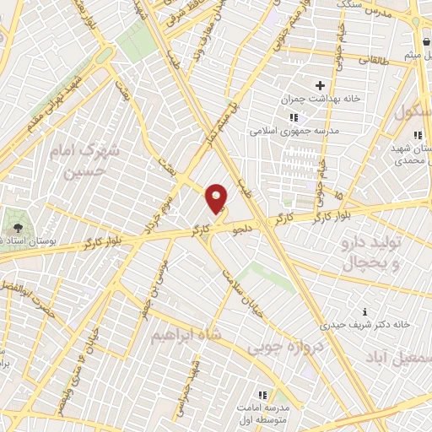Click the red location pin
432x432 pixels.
[x=217, y=199]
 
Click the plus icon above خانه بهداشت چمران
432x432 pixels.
[x=320, y=85]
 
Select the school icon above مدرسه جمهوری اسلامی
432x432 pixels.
[x=293, y=117]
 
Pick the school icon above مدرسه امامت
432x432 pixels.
[x=262, y=395]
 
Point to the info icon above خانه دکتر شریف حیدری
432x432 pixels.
[x=364, y=311]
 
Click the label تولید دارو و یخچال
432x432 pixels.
[x=373, y=255]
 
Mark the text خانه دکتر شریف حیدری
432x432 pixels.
[x=365, y=324]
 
